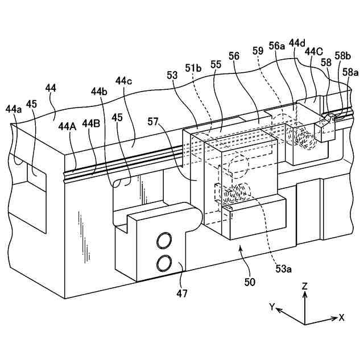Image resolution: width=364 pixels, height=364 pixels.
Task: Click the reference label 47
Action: point(181,293)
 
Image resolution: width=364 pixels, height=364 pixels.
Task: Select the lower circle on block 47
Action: point(166,262)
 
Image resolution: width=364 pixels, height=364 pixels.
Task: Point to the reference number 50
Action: point(250,281)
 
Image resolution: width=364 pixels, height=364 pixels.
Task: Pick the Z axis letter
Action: point(305,287)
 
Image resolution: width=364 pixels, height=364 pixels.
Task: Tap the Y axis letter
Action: point(272,307)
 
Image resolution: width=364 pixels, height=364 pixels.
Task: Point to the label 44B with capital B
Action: point(92,123)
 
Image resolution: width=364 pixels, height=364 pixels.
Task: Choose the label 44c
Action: point(123,81)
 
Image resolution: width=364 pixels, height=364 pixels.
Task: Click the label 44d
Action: point(296,43)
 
